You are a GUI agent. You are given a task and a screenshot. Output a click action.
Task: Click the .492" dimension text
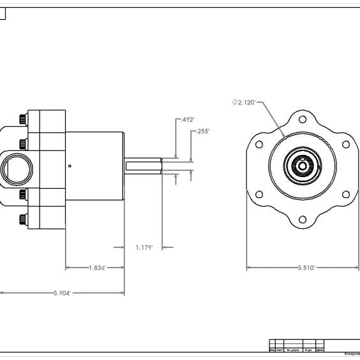pos(187,119)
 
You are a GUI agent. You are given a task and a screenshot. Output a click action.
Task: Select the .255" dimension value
pos(203,131)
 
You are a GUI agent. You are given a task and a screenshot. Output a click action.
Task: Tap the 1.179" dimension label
pos(144,248)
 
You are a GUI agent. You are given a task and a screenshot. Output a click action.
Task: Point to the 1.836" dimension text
pos(97,268)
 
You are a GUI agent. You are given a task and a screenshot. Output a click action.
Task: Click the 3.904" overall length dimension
pos(61,293)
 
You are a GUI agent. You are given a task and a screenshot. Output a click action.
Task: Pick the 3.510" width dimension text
pos(307,268)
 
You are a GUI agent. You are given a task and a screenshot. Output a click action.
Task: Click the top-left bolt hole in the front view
pos(258,144)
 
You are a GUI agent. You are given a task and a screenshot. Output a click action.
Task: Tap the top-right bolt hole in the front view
pos(346,144)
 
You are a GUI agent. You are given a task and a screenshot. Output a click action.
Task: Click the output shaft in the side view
pos(143,166)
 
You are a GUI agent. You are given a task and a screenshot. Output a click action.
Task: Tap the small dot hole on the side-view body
pos(69,166)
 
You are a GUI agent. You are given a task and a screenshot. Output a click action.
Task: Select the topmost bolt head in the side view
pos(24,119)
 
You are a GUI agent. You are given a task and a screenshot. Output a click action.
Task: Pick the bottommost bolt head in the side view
pos(24,220)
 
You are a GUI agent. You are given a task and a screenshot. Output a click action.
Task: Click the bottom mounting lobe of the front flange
pos(302,220)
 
